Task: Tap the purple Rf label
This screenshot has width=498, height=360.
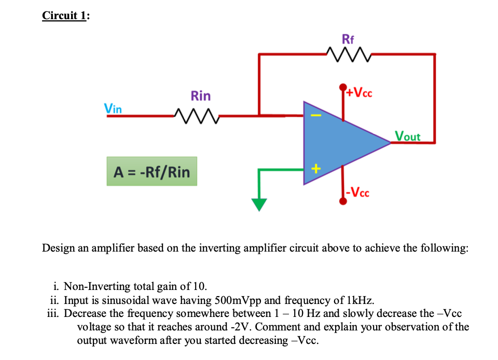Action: point(349,38)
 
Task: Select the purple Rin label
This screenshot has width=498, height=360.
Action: point(201,96)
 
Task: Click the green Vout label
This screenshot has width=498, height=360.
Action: point(408,136)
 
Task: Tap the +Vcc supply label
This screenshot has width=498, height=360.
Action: point(359,93)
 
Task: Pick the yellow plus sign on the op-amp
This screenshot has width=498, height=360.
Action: point(314,169)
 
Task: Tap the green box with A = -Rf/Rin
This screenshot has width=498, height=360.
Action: point(151,172)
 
